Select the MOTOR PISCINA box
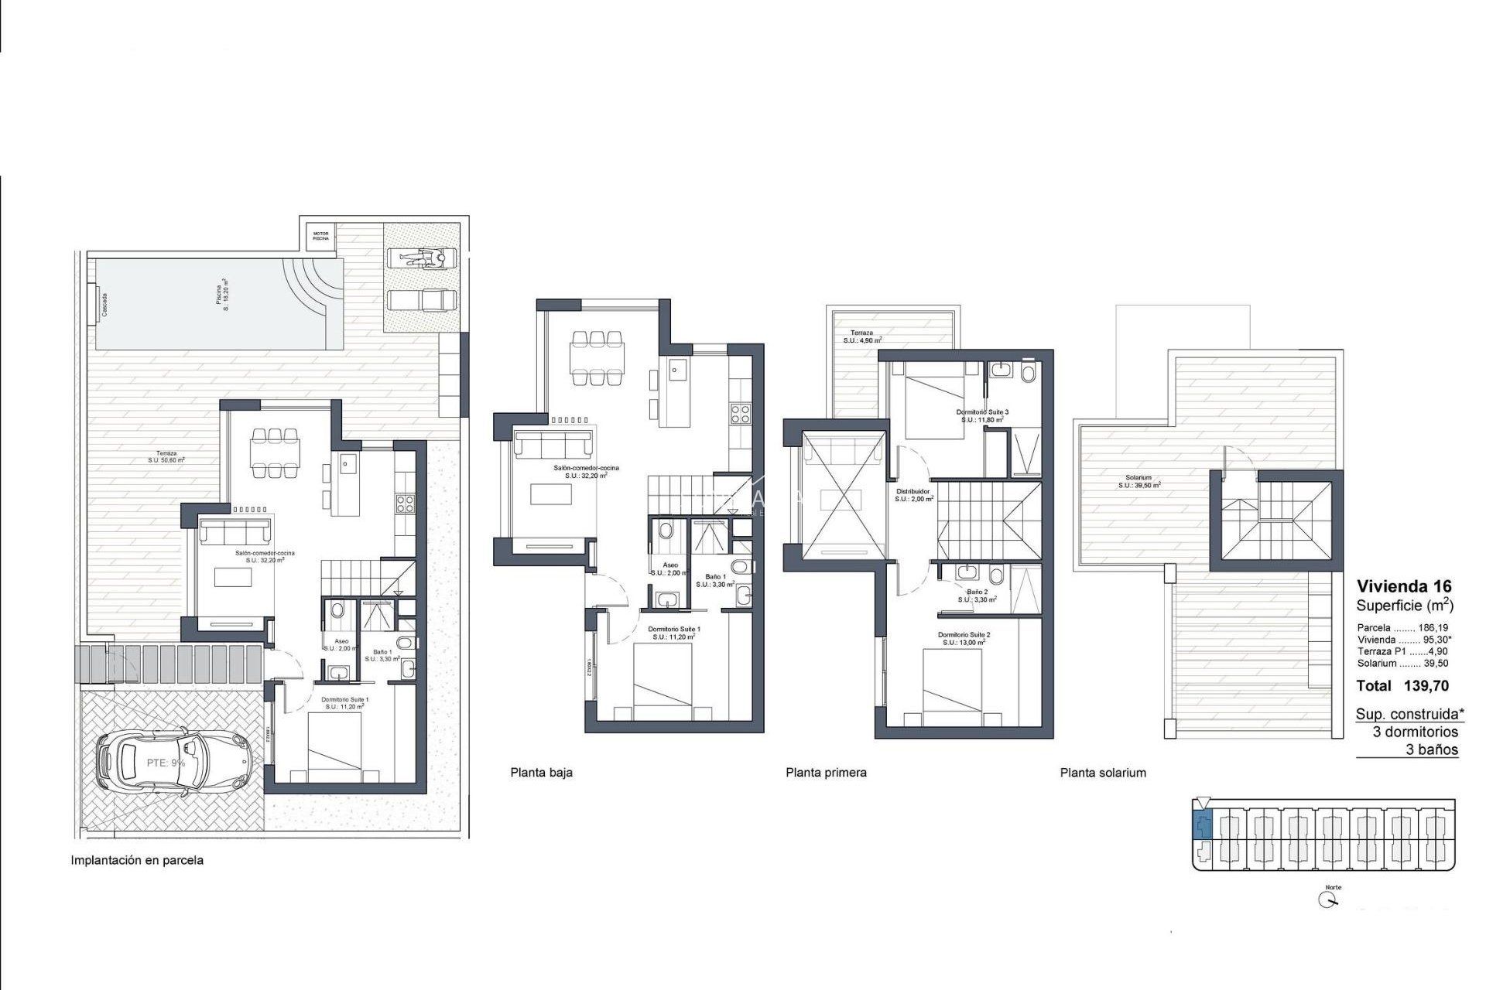coord(320,236)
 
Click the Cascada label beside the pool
coord(104,304)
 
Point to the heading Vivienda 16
coord(1404,586)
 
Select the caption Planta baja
coord(541,772)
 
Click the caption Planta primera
coord(826,772)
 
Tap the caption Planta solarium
coord(1103,772)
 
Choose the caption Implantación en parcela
coord(137,860)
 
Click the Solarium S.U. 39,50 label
coord(1138,482)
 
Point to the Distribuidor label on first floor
coord(913,495)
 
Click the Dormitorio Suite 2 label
coord(964,638)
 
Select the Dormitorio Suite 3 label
coord(982,416)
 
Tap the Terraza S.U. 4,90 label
coord(862,336)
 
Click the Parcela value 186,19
coord(1433,628)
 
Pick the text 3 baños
coord(1432,749)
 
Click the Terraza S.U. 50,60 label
coord(166,456)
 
